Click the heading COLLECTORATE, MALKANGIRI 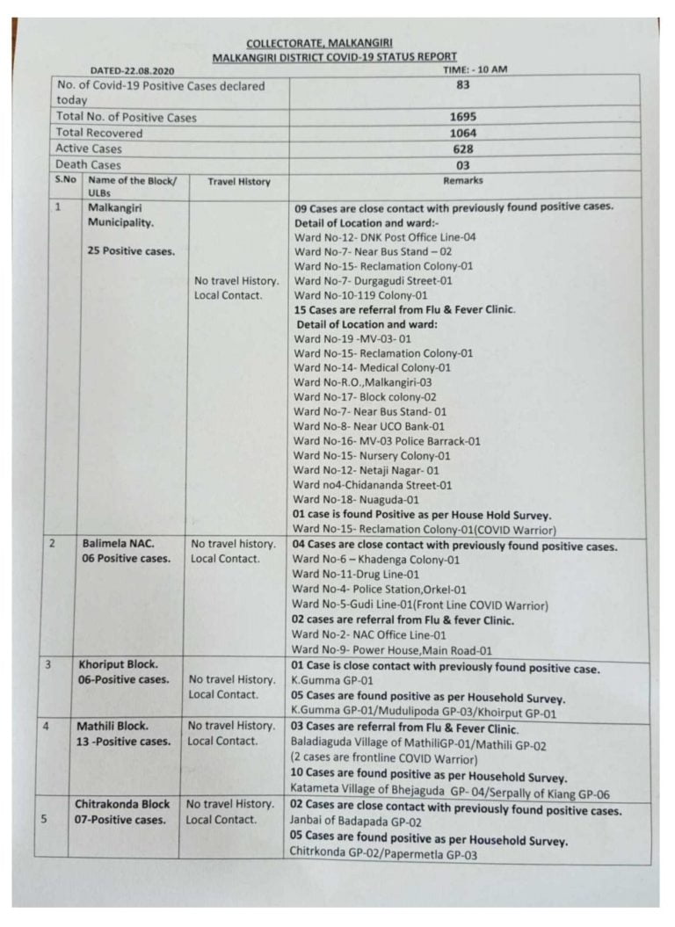[319, 42]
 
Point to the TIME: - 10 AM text [475, 69]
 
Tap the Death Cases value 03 [463, 164]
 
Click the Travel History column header [239, 182]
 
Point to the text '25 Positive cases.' [131, 250]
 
